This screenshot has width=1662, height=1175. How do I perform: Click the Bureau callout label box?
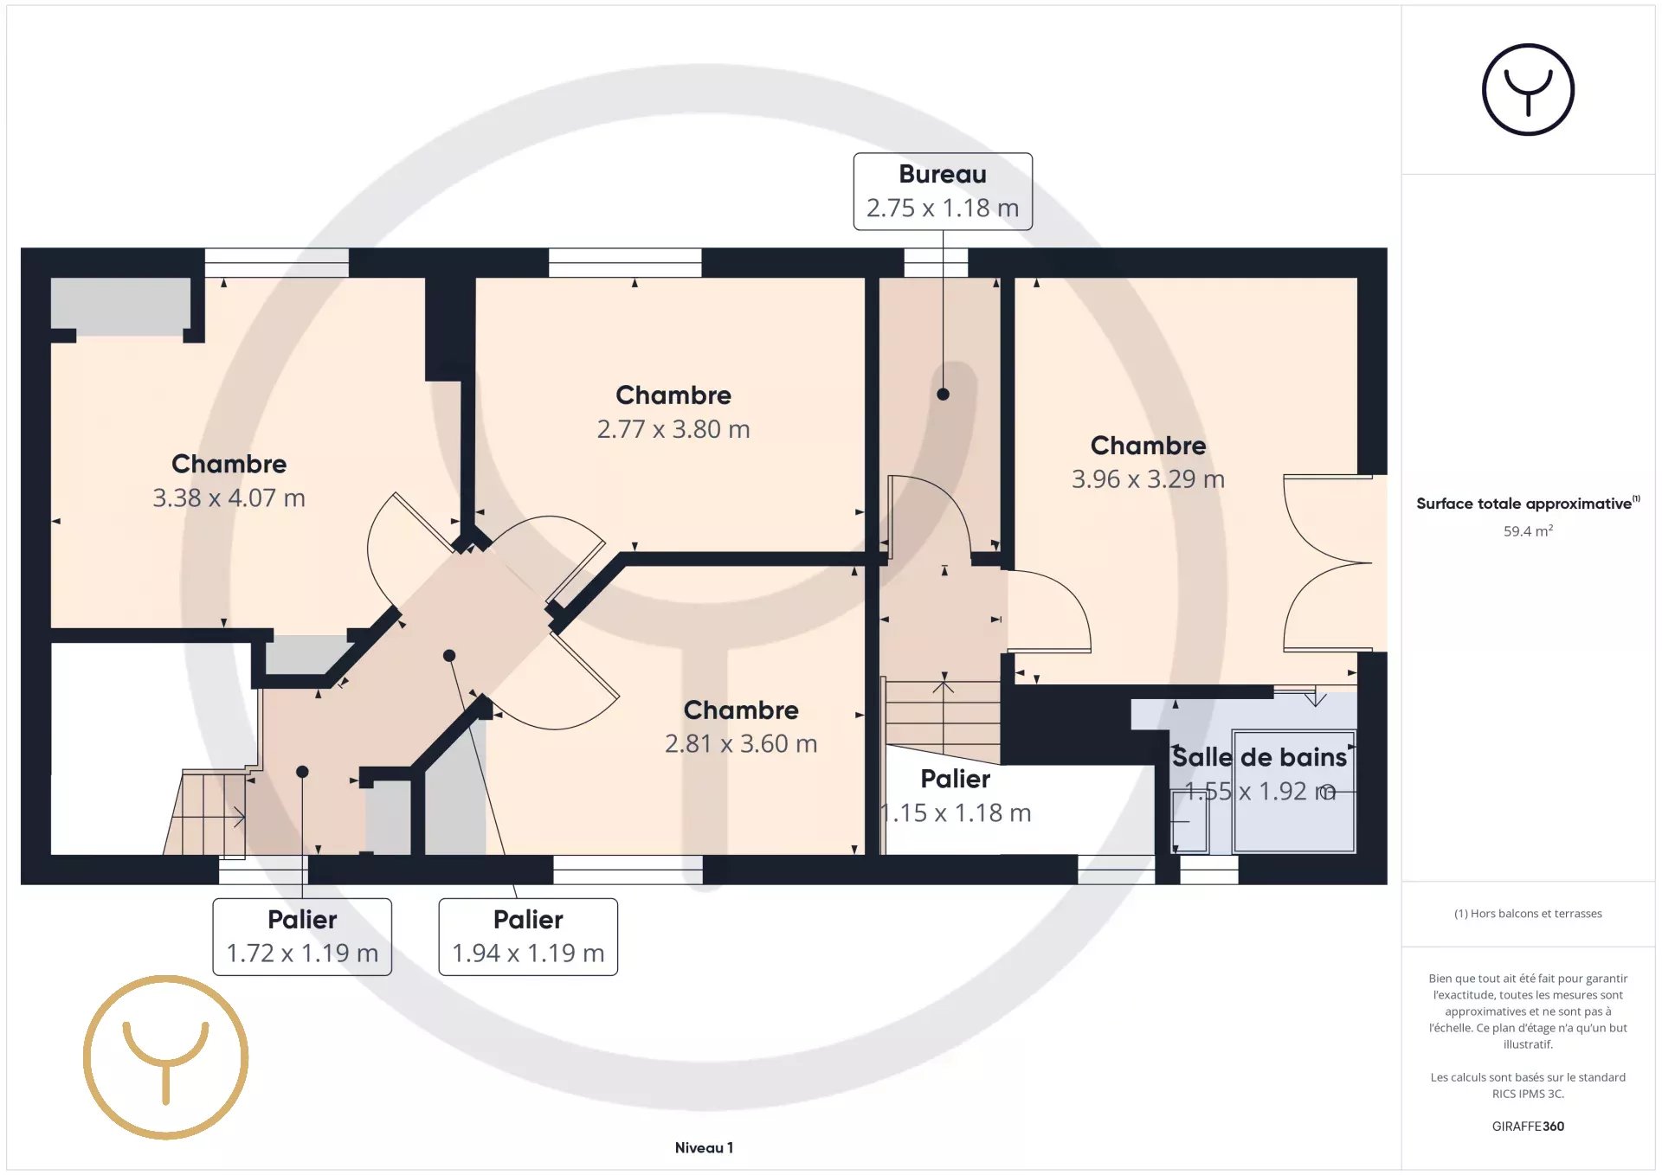coord(943,191)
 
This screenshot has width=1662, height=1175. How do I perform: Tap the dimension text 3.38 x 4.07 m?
coord(229,498)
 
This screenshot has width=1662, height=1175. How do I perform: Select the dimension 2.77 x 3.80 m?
coord(673,429)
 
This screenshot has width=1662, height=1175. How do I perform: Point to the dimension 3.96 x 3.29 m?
coord(1148,479)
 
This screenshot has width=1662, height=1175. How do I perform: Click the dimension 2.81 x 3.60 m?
coord(741,744)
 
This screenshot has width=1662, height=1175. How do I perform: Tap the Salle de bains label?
coord(1259,757)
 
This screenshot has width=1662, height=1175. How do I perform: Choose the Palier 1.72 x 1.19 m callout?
coord(302,937)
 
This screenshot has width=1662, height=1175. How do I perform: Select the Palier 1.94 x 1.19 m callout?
coord(528,937)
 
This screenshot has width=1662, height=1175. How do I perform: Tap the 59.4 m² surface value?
coord(1528,530)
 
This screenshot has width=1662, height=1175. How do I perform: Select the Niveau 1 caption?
coord(704,1148)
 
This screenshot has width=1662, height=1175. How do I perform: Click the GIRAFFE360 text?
coord(1528,1127)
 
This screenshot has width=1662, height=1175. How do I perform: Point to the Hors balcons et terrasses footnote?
coord(1528,914)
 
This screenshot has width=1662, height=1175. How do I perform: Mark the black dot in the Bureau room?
coord(944,395)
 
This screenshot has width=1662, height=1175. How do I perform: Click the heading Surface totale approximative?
coord(1523,504)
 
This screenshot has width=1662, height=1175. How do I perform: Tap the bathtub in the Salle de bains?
coord(1294,792)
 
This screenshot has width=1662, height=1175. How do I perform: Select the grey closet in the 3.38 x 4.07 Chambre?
coord(120,305)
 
